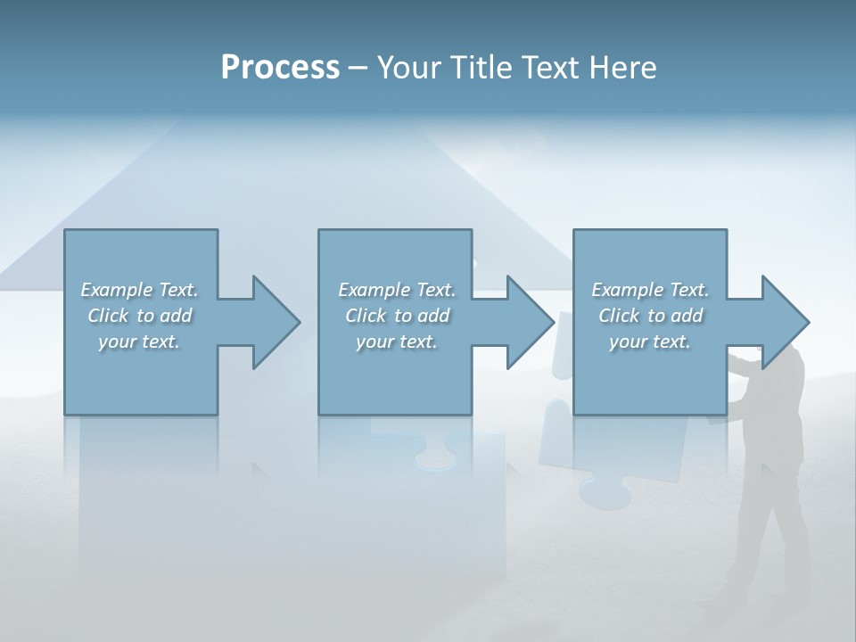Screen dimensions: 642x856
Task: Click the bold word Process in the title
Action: (x=280, y=68)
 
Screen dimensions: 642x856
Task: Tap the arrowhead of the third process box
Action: (x=784, y=322)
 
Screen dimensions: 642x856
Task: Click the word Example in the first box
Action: (x=117, y=290)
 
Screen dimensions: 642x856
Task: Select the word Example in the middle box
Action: (x=374, y=290)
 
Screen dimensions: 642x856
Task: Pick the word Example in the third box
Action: (x=628, y=290)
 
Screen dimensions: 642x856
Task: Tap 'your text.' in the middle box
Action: (x=397, y=342)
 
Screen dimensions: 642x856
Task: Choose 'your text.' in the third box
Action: (x=650, y=342)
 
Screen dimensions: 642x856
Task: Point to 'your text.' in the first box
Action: (x=139, y=342)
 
